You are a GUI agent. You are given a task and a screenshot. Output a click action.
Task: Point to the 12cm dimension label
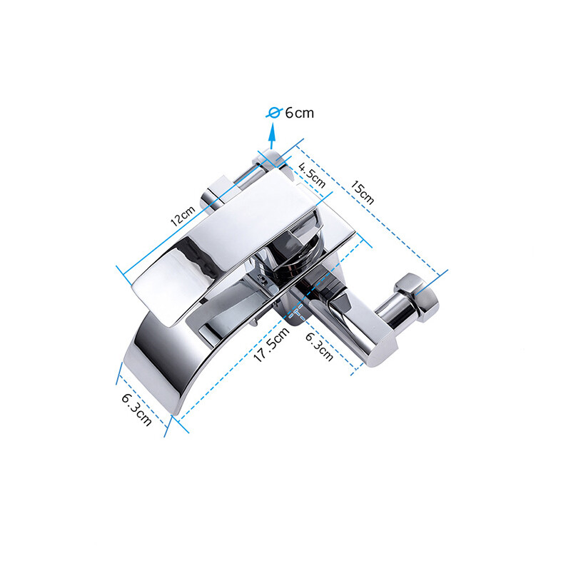pyautogui.click(x=183, y=213)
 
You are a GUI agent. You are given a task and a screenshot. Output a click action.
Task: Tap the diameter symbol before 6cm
pyautogui.click(x=272, y=113)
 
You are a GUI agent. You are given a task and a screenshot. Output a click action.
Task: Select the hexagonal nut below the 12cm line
pyautogui.click(x=218, y=193)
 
